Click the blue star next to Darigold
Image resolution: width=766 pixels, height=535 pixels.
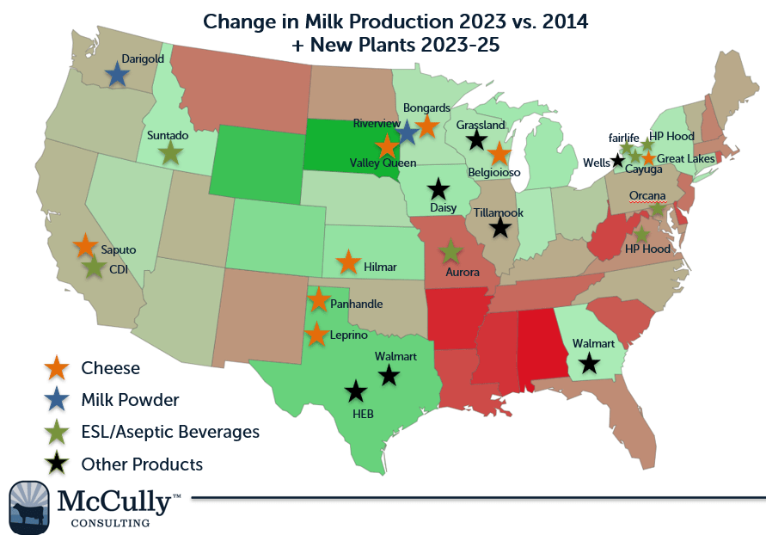coord(117,75)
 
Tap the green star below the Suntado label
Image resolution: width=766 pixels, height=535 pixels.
coord(170,154)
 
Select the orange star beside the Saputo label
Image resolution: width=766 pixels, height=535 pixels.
coord(84,246)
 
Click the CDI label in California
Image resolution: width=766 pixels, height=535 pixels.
coord(119,269)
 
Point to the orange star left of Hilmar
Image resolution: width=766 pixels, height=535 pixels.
coord(347,262)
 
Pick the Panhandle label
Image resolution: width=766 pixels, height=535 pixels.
coord(357,304)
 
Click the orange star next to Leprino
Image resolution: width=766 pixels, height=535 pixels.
coord(317,334)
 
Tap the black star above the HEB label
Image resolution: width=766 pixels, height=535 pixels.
coord(355,392)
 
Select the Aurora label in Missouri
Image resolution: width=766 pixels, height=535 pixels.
coord(463,272)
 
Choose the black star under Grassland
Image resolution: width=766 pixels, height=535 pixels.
coord(477,140)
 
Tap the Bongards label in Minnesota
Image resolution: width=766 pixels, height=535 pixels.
coord(426,108)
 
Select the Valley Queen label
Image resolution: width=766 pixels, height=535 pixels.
coord(383,163)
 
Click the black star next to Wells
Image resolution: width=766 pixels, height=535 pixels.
coord(617,160)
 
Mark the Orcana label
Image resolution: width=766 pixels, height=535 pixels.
coord(647,195)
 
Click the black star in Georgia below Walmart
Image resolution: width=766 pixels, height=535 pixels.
coord(588,363)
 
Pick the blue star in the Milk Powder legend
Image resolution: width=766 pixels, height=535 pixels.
coord(58,399)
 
